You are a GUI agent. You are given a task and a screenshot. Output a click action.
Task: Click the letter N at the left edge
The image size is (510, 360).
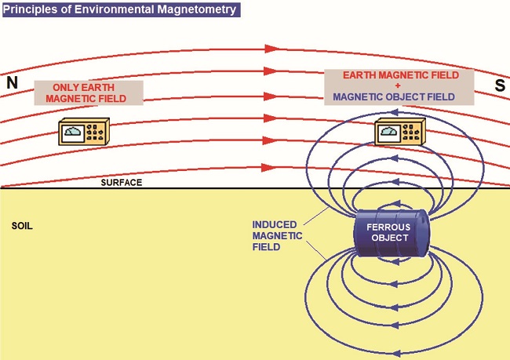coord(11,82)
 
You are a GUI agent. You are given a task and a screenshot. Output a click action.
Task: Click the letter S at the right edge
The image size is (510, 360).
coord(499,85)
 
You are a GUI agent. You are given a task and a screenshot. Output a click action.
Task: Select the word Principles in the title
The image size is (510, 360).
coord(35,10)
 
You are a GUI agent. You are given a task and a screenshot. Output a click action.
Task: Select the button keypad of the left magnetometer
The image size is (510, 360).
coord(100,131)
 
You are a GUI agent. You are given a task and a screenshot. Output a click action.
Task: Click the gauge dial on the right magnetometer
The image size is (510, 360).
coord(388,132)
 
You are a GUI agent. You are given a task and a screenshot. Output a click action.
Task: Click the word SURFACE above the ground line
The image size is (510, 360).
coord(121,182)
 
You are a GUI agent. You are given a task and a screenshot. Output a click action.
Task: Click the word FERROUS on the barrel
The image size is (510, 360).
coord(389,227)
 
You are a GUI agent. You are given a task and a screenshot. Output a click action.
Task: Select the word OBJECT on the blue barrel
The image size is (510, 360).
coord(389,237)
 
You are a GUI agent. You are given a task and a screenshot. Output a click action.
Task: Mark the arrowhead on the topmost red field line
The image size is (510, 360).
coord(271,48)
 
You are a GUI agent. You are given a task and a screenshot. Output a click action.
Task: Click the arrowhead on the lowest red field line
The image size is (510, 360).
coord(271,168)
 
